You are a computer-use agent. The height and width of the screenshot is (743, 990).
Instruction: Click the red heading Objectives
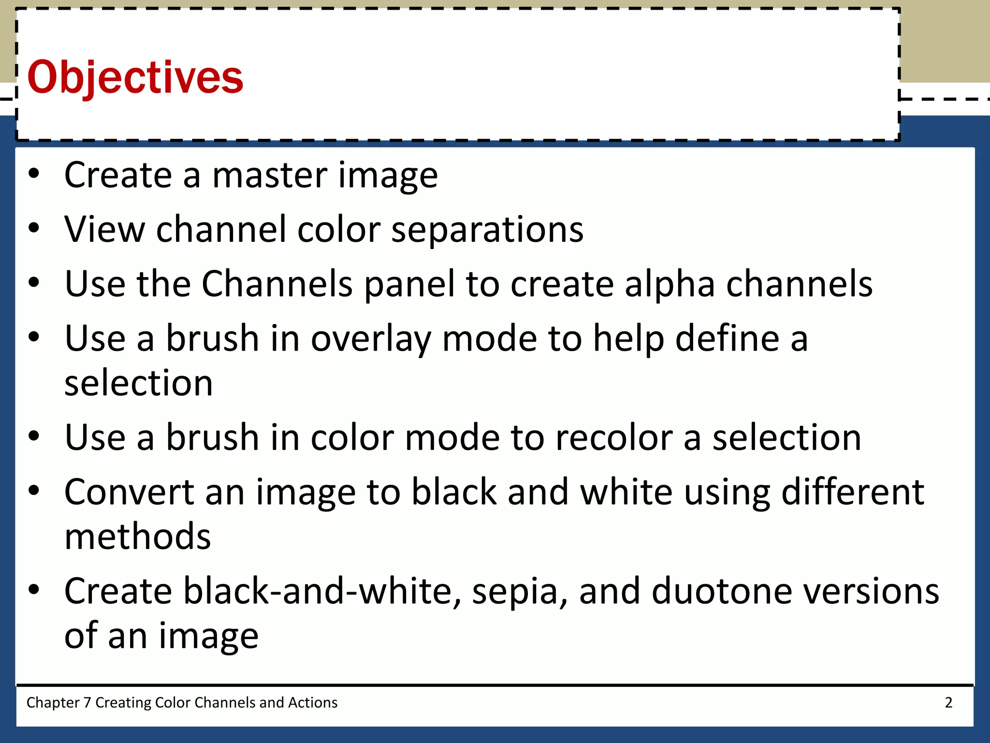pos(135,77)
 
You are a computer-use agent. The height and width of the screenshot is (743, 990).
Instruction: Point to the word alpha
pos(670,284)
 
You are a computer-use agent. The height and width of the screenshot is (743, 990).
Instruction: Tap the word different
pos(853,492)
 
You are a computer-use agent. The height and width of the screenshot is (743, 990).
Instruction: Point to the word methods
pos(138,537)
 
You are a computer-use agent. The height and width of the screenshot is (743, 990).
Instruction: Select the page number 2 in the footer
pos(948,702)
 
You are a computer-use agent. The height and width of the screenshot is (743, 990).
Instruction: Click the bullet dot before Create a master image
pos(33,174)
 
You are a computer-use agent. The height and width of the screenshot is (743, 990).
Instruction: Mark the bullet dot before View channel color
pos(33,228)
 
